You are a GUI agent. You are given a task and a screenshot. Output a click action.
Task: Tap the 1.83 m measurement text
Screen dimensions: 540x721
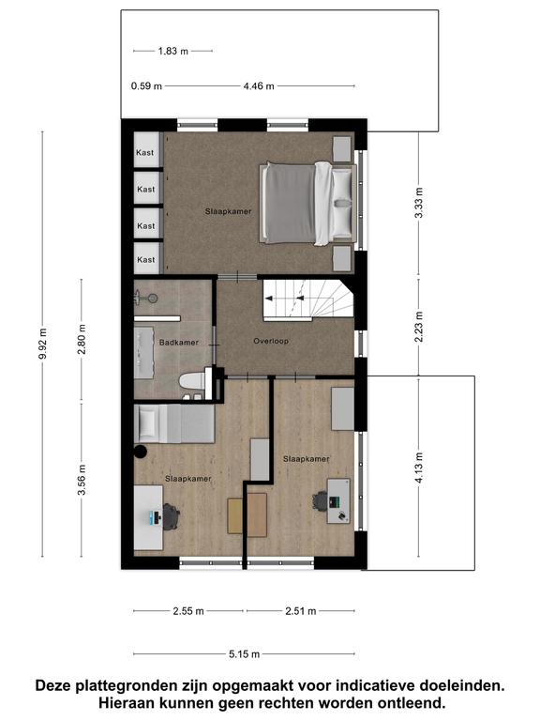(173, 51)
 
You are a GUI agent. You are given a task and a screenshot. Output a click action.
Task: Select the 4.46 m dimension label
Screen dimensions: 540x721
(259, 86)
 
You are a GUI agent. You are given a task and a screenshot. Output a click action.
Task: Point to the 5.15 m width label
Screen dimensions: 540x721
(245, 653)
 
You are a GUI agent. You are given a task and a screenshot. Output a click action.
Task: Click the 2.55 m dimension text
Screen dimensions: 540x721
(188, 611)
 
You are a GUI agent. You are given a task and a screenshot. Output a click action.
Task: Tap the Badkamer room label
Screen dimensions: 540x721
(179, 342)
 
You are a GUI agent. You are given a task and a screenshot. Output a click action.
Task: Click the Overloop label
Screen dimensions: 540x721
(271, 341)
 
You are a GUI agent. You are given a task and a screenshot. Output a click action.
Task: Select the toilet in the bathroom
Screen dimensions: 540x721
(192, 382)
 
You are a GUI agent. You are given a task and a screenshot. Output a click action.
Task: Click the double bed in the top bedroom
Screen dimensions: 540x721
(308, 203)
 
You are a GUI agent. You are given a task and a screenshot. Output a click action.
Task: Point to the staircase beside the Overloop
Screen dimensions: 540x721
(308, 299)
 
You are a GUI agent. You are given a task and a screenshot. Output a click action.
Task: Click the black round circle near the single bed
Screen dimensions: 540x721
(141, 452)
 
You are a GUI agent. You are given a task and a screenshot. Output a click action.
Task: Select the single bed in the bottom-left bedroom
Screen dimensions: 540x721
(174, 424)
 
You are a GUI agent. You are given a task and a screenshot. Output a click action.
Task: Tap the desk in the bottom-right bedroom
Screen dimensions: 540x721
(338, 501)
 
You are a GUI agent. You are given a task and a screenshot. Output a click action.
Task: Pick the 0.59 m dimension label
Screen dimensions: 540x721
(146, 86)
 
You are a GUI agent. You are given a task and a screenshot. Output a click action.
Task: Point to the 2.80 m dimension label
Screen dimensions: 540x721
(82, 339)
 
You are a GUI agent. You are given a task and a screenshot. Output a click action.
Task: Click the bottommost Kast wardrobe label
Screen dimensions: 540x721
(146, 260)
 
